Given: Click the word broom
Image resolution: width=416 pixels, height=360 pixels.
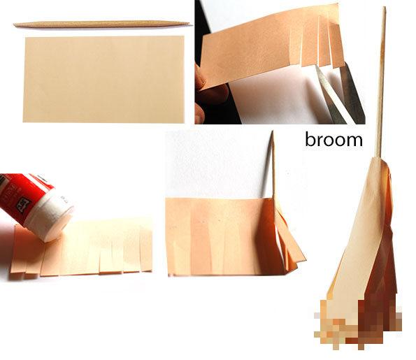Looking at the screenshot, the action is (333, 139).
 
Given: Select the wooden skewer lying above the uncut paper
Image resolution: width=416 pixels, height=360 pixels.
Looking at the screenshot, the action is (103, 24).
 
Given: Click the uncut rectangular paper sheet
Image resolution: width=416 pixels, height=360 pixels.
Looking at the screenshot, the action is (103, 79).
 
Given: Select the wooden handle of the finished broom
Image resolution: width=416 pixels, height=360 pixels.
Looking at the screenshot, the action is (381, 82).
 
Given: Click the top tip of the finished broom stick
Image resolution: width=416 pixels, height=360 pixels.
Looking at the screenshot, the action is (384, 7).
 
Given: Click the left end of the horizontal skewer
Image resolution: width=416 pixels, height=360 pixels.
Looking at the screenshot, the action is (14, 25).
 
